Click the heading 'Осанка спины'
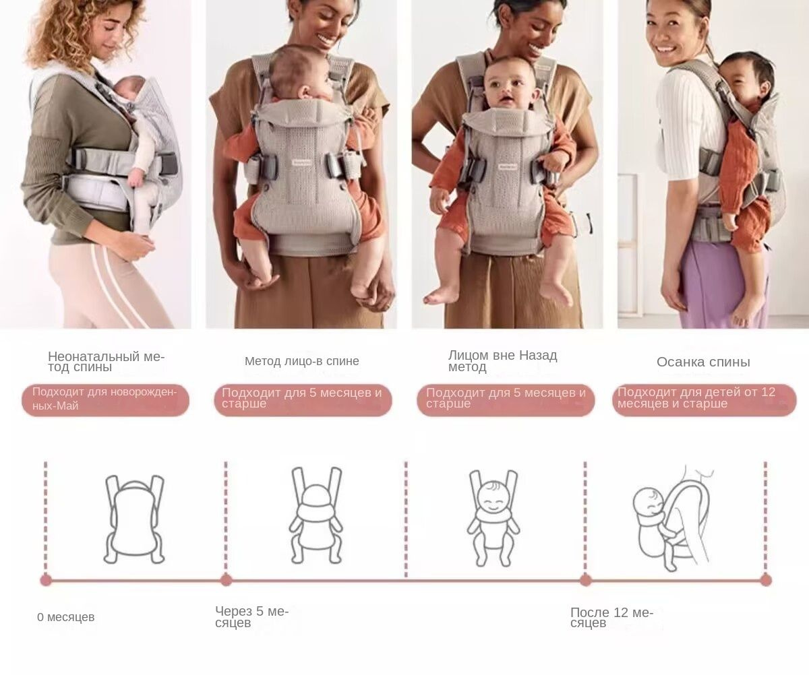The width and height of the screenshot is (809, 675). [x=703, y=362]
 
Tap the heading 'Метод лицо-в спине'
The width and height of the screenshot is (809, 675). [x=302, y=361]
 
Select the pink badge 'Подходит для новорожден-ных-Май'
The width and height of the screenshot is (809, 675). [x=105, y=400]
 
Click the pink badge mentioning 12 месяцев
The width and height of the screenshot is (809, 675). [x=705, y=400]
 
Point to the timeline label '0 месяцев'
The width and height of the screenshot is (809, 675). [x=66, y=617]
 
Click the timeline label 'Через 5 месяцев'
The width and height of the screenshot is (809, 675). [x=252, y=617]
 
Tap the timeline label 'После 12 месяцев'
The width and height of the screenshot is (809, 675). [x=612, y=618]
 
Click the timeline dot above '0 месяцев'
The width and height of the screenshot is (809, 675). [x=46, y=580]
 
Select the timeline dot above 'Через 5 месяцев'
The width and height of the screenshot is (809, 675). [x=226, y=580]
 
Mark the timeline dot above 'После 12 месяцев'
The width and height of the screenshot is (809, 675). [x=585, y=580]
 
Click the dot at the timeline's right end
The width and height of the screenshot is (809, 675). [x=766, y=580]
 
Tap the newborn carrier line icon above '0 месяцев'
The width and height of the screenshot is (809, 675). [x=134, y=519]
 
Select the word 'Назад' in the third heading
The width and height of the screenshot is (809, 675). [x=538, y=355]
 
